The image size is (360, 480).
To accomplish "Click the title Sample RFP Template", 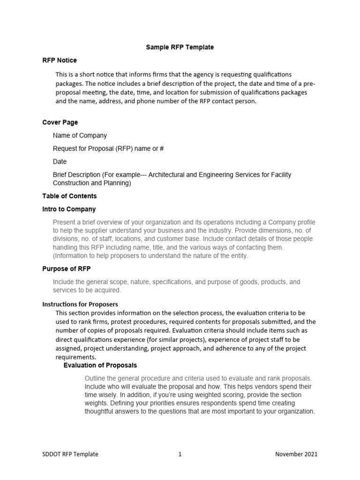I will click(180, 47).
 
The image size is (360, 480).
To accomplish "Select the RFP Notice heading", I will click(60, 60).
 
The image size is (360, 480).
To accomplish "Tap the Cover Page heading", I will click(60, 122).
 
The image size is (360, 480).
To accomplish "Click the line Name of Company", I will click(80, 135).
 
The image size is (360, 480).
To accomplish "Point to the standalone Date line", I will click(60, 162).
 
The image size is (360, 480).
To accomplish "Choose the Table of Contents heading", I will click(69, 196).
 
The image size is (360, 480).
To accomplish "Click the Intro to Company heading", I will click(69, 209).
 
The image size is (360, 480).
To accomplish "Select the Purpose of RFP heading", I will click(67, 269).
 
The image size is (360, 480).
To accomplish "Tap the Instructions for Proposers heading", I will click(80, 304).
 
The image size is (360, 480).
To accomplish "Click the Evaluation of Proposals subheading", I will click(100, 365).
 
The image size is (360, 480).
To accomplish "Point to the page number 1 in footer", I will click(180, 454).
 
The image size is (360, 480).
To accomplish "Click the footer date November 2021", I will click(296, 454).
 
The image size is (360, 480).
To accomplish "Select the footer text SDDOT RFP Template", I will click(70, 454).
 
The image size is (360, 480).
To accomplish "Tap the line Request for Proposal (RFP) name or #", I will click(108, 149).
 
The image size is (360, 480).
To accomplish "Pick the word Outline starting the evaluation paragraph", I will click(95, 378).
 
